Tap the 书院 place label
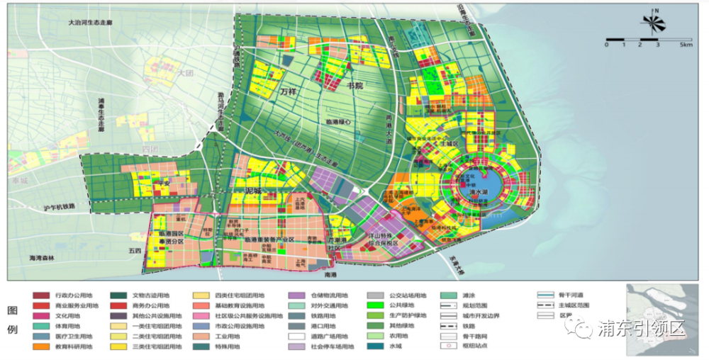click(x=354, y=86)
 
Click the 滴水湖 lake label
click(x=481, y=191)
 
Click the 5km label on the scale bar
click(x=686, y=44)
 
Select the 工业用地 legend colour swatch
click(x=203, y=337)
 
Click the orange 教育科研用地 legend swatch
click(x=41, y=347)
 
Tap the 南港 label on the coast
click(x=330, y=274)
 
